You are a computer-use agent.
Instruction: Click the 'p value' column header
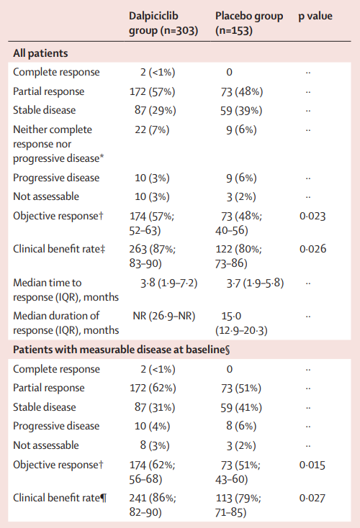[315, 16]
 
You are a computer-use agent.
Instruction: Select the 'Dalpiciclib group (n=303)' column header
[163, 23]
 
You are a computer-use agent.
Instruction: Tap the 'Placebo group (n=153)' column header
[249, 23]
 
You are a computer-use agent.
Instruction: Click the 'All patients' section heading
[40, 53]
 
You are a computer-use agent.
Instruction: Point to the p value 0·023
[312, 216]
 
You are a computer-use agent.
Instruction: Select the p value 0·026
[312, 249]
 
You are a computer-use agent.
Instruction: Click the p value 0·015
[312, 465]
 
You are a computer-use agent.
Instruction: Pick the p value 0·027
[312, 498]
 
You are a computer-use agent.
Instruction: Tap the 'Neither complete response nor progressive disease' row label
[58, 144]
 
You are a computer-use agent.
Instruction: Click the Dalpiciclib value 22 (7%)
[152, 130]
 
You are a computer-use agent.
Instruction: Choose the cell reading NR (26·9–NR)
[164, 317]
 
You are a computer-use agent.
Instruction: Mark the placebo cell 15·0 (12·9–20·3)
[241, 323]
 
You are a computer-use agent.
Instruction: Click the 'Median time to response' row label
[66, 290]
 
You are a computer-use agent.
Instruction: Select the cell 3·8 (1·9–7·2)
[169, 283]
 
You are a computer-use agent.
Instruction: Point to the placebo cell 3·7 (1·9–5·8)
[255, 283]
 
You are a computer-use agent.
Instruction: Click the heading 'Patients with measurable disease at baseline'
[122, 350]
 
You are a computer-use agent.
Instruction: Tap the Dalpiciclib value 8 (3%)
[155, 445]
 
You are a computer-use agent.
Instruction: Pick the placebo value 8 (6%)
[241, 426]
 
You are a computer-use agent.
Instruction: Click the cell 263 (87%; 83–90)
[153, 256]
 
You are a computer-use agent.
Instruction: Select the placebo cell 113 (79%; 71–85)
[238, 505]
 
